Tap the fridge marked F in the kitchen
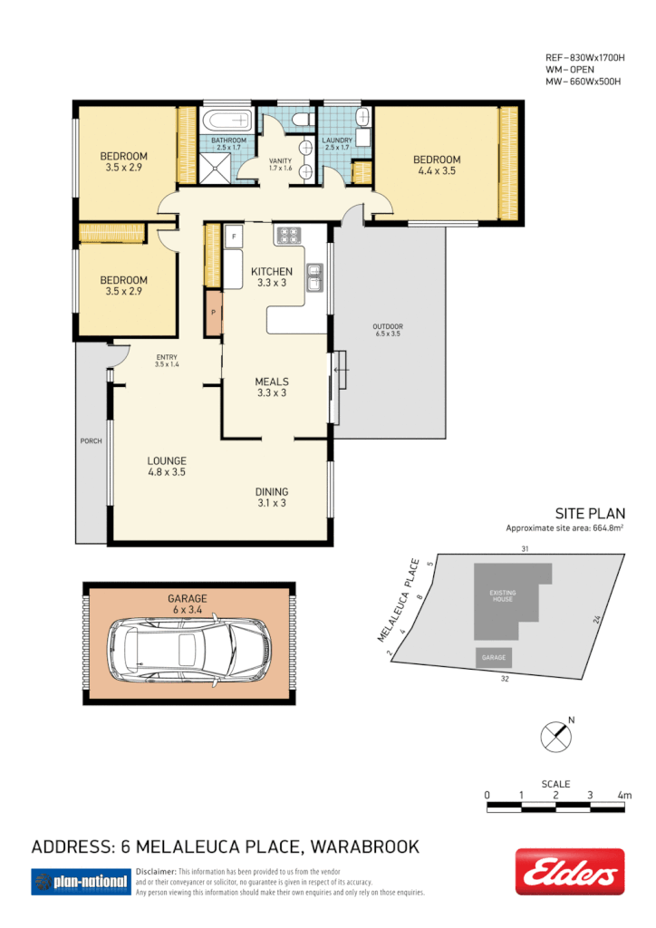pos(234,237)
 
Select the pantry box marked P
pos(213,314)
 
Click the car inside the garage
pos(189,648)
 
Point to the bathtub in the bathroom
pos(228,121)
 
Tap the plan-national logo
pos(80,881)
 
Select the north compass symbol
pos(554,735)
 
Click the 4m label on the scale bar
pos(624,795)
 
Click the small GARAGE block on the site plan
pos(494,657)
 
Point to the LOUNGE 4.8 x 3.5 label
pos(167,466)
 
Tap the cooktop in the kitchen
pos(288,236)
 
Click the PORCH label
pos(91,441)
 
